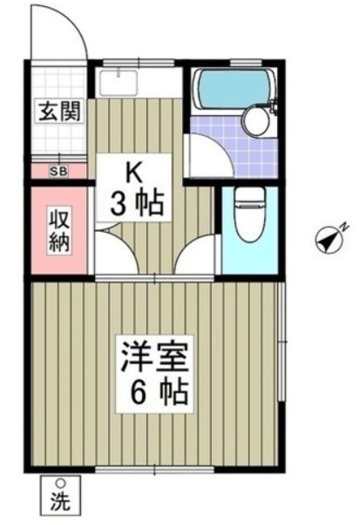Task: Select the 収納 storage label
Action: click(59, 229)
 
